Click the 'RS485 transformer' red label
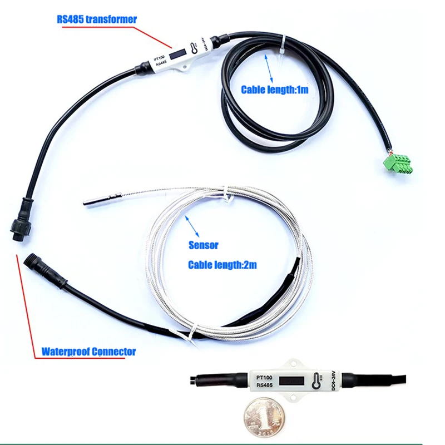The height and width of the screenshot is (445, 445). click(x=96, y=19)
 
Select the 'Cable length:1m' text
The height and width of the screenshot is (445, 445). click(x=274, y=89)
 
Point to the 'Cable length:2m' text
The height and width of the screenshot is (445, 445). click(x=222, y=265)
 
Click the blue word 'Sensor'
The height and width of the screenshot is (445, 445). click(x=203, y=245)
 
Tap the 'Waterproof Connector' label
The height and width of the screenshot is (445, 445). click(x=88, y=352)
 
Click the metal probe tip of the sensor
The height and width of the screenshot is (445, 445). click(x=100, y=199)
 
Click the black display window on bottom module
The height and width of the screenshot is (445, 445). click(x=291, y=382)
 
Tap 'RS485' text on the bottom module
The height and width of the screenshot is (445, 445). click(x=265, y=385)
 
